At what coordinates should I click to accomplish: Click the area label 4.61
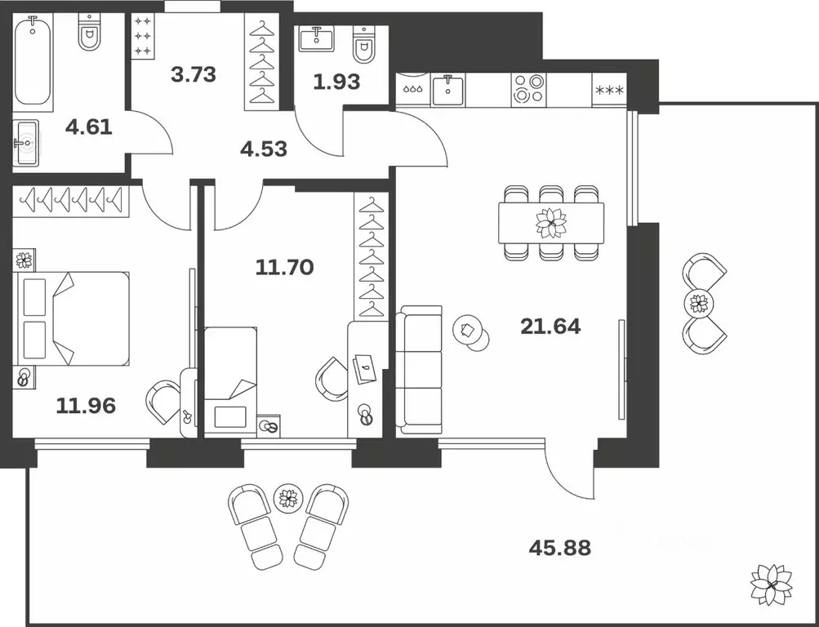89,127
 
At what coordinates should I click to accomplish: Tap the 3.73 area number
194,74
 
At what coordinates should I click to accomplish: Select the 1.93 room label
337,82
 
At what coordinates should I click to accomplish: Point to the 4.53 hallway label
264,149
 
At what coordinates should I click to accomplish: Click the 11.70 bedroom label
285,268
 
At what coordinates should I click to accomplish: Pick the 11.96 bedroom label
86,406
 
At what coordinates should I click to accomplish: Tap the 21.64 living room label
550,327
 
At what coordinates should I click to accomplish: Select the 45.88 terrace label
560,548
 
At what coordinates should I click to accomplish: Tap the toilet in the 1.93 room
364,45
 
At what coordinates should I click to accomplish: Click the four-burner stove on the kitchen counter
528,90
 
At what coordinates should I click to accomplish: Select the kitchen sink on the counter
447,90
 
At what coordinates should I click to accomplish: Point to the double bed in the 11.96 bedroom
74,318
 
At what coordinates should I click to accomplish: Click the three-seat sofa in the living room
419,371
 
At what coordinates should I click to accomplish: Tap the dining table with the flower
551,223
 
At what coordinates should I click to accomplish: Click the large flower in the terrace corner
771,585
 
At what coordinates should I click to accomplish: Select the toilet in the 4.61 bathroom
90,33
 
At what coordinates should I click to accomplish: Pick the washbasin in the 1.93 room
317,38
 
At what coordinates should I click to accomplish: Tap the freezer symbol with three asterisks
609,90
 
